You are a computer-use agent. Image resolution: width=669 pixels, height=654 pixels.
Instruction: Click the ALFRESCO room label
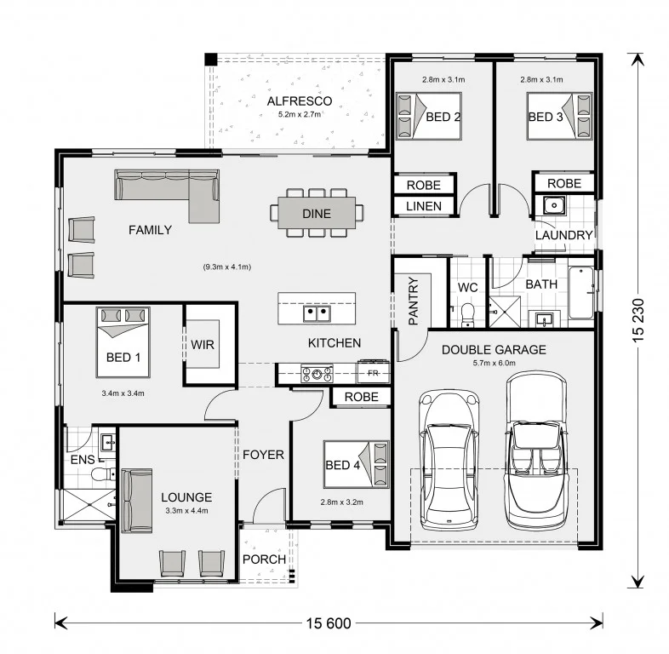(x=299, y=101)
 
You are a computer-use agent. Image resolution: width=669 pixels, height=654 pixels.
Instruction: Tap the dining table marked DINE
(x=317, y=213)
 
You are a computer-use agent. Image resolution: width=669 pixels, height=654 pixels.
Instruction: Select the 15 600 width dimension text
(x=329, y=623)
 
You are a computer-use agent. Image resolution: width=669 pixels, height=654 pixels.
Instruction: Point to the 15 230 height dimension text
(x=638, y=320)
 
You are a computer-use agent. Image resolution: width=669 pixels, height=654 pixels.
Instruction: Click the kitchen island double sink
(x=317, y=313)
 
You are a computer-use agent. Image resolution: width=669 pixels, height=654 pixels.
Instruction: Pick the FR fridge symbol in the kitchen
(x=374, y=373)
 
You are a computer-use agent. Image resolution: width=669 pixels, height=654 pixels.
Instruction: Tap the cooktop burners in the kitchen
(x=317, y=375)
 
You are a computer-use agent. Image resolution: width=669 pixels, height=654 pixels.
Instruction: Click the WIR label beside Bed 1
(x=203, y=345)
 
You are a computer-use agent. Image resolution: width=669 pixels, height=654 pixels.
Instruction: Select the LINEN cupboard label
(x=424, y=206)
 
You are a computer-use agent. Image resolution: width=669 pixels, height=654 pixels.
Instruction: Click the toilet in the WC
(x=468, y=314)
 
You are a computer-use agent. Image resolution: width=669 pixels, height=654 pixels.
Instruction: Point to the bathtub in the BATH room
(x=581, y=292)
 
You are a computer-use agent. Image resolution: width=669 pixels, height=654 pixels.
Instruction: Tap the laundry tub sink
(x=554, y=205)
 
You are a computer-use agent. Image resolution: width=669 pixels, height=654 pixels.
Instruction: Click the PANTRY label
(x=413, y=301)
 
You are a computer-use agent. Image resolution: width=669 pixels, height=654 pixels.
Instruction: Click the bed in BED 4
(x=357, y=464)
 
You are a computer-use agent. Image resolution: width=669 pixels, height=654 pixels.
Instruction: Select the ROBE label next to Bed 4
(x=362, y=397)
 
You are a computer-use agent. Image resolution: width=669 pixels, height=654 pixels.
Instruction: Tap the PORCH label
(x=264, y=559)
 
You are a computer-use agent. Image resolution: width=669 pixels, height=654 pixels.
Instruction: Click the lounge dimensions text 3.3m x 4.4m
(x=187, y=511)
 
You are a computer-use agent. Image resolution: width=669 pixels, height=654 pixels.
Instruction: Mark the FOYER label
(x=263, y=455)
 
